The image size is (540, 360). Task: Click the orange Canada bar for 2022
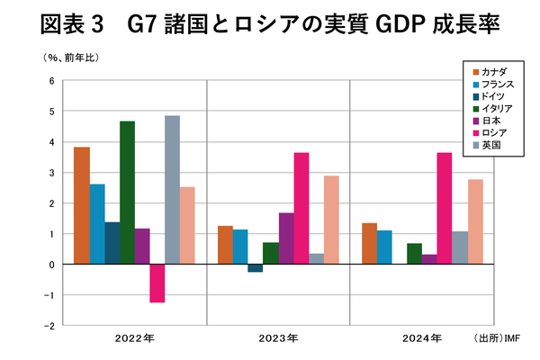coord(81,205)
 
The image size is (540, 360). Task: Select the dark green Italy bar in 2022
coord(127,193)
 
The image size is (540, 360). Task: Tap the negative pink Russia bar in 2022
coord(157,283)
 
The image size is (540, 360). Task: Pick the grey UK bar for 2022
coord(172,190)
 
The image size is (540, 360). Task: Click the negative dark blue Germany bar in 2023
coord(255,268)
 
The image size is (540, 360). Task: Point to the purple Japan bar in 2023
coord(286,238)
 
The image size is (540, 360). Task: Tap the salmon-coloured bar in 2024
coord(475,221)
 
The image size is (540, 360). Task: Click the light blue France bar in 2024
coord(384,247)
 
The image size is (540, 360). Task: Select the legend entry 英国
coord(492,144)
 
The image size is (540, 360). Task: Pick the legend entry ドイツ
coord(494,94)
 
